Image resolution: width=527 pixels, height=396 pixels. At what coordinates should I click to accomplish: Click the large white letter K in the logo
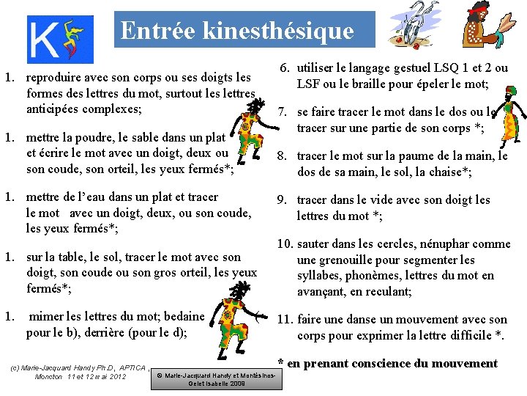[44, 40]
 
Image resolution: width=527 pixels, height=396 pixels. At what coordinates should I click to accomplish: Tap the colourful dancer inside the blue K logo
[72, 39]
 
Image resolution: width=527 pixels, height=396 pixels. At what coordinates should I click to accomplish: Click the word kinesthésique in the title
[278, 31]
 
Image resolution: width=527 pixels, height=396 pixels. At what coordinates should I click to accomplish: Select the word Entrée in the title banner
[158, 30]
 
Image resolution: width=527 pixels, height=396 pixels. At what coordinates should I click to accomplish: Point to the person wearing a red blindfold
[487, 27]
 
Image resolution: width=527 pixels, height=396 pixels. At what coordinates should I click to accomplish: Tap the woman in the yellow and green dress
[509, 116]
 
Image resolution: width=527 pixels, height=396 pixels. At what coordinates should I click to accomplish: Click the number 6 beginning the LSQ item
[285, 68]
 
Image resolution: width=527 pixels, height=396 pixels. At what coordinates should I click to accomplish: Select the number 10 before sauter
[285, 243]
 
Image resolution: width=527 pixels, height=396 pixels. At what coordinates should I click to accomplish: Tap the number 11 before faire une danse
[285, 319]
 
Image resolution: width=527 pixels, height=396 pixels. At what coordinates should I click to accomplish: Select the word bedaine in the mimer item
[184, 317]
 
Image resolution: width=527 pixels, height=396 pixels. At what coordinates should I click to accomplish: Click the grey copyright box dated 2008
[217, 379]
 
